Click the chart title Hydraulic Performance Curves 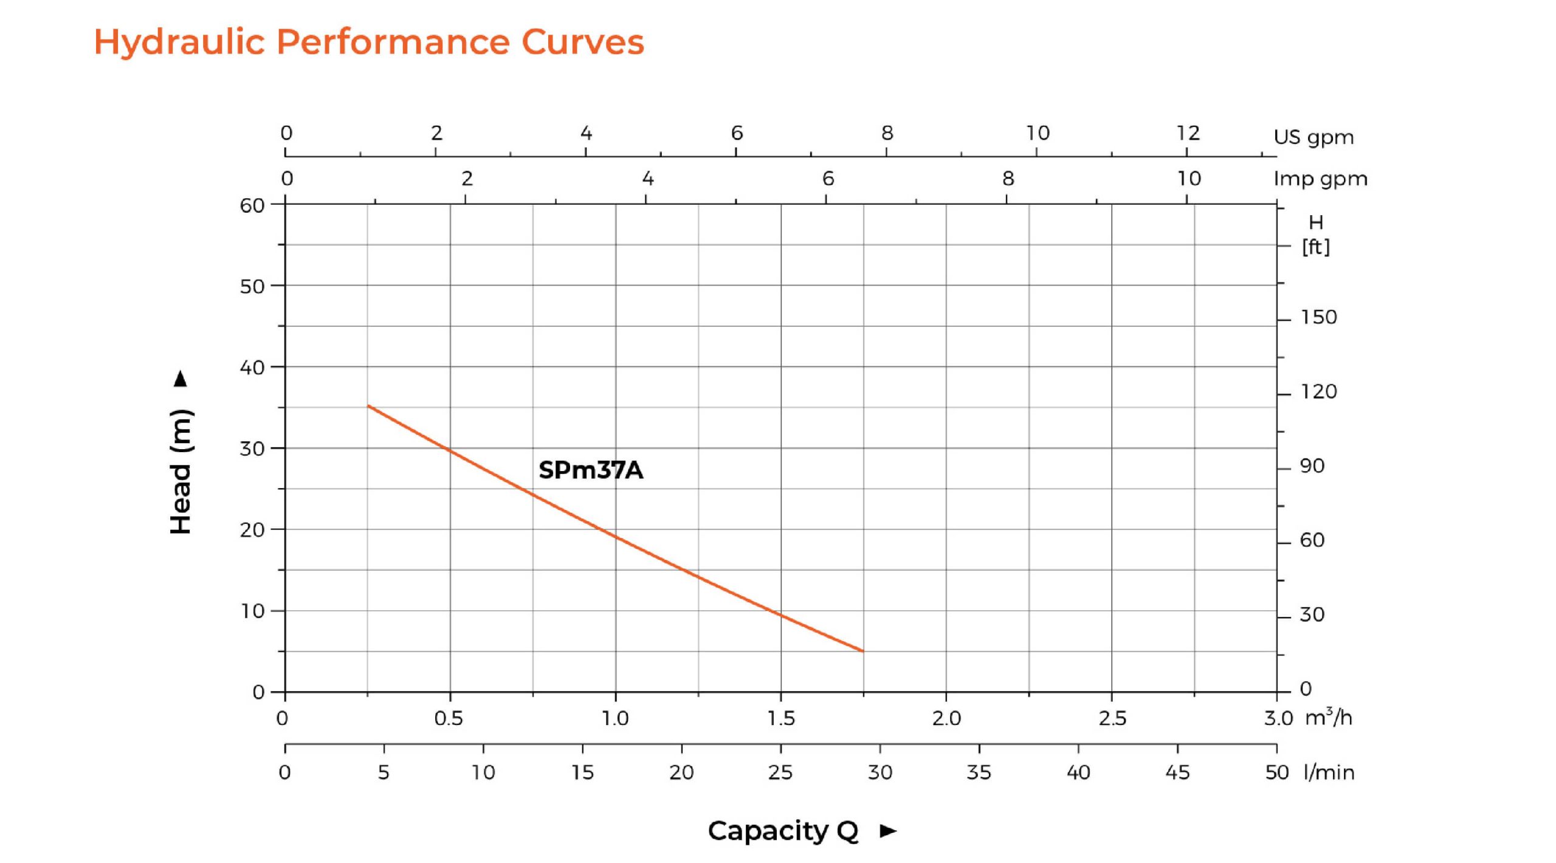pos(368,43)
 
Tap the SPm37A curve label pos(590,470)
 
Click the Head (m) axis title pos(181,472)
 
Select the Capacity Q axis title pos(783,831)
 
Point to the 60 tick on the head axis pos(252,205)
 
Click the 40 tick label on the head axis pos(252,368)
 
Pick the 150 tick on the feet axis pos(1318,317)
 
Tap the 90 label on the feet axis pos(1312,466)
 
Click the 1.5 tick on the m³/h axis pos(781,719)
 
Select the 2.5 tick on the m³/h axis pos(1112,719)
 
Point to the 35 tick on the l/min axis pos(979,772)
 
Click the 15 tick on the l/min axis pos(582,772)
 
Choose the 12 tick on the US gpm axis pos(1188,133)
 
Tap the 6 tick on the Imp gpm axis pos(828,179)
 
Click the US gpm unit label pos(1313,137)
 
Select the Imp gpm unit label pos(1320,179)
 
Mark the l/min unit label pos(1329,772)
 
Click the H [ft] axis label pos(1315,235)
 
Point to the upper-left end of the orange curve pos(368,405)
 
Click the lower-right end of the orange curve pos(862,652)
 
